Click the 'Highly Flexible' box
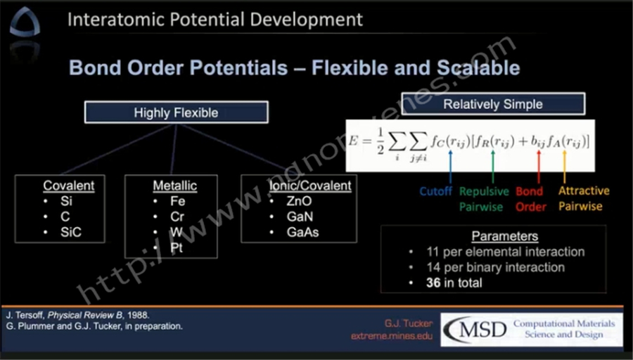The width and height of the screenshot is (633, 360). (176, 112)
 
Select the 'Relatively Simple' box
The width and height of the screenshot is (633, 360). (493, 104)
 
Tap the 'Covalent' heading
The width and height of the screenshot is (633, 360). (69, 186)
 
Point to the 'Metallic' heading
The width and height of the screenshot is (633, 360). (175, 186)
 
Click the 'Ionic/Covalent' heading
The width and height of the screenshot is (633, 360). (310, 186)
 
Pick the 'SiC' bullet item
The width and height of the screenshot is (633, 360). (71, 232)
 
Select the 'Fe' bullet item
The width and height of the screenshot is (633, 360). (178, 201)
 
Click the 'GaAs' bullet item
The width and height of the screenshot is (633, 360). (302, 232)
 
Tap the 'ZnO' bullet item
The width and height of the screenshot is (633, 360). (299, 201)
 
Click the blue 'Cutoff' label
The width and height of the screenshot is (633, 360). (435, 191)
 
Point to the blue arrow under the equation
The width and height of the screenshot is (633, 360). (451, 167)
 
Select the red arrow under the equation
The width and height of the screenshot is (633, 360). (539, 167)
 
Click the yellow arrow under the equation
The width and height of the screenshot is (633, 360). (564, 167)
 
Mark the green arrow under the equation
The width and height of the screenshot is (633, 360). (492, 167)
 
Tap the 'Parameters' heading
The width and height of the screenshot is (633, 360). (504, 236)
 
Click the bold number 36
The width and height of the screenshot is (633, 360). (433, 283)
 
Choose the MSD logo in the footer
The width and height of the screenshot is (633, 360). (475, 329)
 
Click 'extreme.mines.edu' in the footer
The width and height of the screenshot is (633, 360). (392, 336)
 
